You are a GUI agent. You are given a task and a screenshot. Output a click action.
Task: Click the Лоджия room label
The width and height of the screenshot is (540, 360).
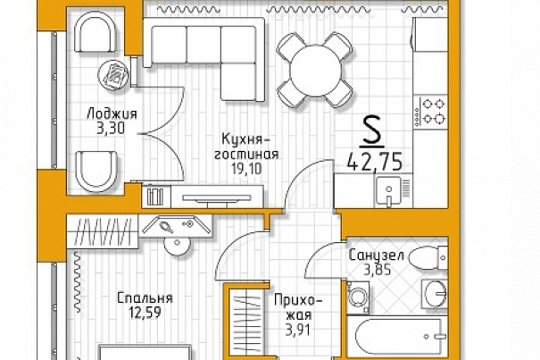[x=112, y=114]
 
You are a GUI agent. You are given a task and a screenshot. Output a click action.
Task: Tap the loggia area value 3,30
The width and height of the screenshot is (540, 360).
[x=111, y=129]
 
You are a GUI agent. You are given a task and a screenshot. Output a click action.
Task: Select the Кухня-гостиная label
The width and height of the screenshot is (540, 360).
[x=246, y=147]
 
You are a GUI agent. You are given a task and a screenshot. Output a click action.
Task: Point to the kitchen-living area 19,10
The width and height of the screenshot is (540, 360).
[x=246, y=169]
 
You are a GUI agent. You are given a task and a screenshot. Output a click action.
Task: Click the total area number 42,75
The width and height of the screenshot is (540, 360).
[x=375, y=162]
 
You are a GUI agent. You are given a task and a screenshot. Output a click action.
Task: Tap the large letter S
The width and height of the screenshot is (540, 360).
[x=371, y=130]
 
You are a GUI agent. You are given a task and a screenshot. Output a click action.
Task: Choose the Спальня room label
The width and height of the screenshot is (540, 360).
[x=145, y=298]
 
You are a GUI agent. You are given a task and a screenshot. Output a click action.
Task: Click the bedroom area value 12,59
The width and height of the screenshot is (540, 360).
[x=145, y=313]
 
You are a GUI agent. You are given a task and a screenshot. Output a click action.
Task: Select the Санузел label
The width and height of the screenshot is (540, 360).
[x=376, y=255]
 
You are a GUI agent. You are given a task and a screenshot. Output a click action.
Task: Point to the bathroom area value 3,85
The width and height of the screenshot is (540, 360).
[x=378, y=270]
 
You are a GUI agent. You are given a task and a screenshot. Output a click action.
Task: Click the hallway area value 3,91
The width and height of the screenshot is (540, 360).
[x=298, y=330]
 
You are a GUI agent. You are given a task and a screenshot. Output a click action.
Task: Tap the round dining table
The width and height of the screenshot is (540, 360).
[x=315, y=71]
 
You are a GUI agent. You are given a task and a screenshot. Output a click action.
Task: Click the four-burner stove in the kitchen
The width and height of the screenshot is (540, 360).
[x=431, y=112]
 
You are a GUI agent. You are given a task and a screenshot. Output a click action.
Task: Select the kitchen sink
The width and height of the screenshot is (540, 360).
[x=389, y=191]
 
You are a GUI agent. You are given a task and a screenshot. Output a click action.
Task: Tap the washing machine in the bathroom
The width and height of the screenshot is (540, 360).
[x=358, y=297]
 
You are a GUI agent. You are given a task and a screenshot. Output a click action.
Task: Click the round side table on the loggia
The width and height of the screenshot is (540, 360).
[x=113, y=74]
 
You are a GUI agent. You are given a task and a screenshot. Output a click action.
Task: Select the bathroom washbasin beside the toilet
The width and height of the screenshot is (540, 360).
[x=435, y=294]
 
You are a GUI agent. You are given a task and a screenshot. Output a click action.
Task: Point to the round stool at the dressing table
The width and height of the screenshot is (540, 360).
[x=177, y=245]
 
